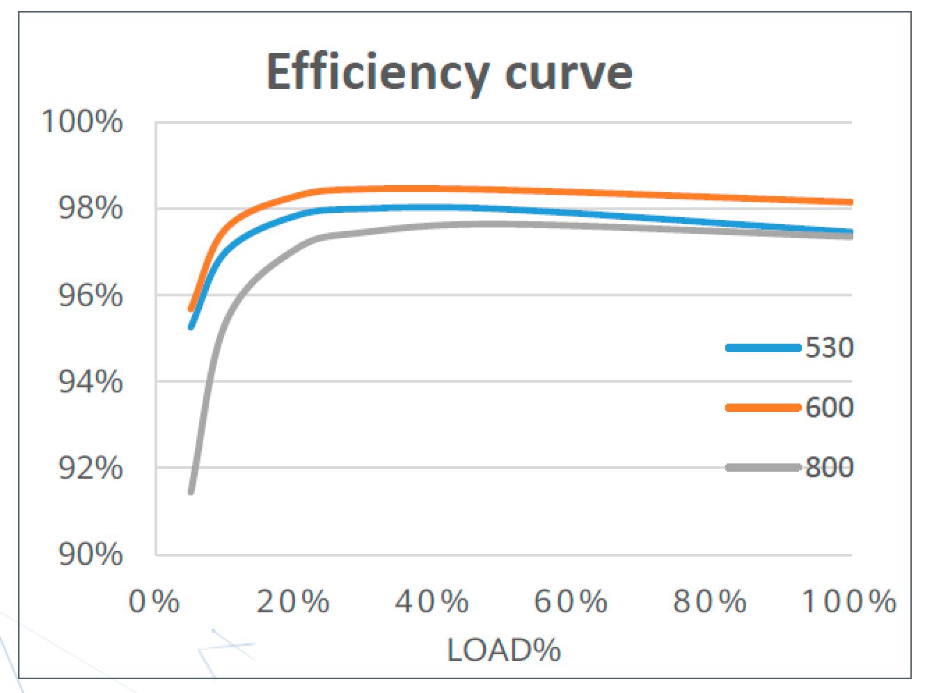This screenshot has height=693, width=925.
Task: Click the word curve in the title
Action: (569, 72)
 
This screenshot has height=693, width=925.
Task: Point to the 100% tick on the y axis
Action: (83, 122)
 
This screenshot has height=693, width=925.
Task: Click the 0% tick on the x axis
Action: (155, 601)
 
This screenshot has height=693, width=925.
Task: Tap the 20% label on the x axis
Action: (293, 601)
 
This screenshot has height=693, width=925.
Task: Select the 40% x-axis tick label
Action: (432, 601)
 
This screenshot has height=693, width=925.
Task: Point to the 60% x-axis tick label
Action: (571, 601)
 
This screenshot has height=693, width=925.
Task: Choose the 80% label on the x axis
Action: (711, 601)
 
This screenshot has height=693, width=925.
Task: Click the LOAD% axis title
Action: (504, 651)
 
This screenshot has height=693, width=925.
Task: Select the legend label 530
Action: (830, 347)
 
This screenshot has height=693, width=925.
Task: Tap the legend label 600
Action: (830, 407)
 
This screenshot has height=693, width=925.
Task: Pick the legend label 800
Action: (830, 467)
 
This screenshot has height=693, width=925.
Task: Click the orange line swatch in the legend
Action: (763, 408)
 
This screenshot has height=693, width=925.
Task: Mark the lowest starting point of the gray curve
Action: (191, 492)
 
